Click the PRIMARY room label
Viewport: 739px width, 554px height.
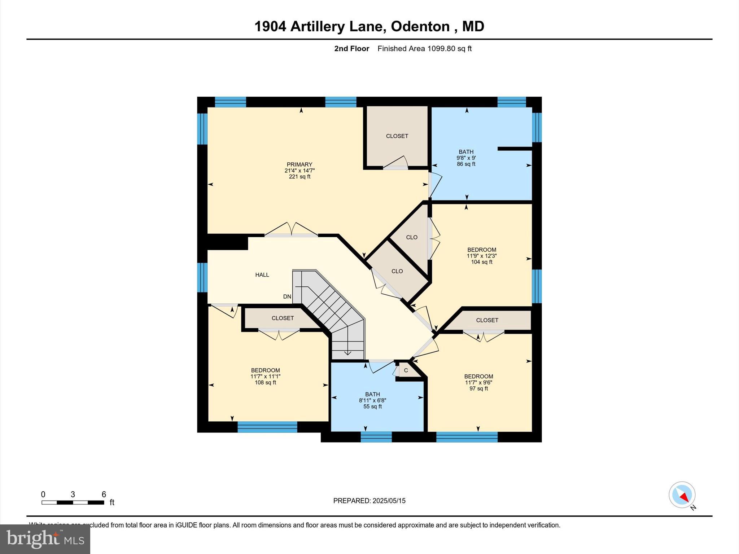(299, 164)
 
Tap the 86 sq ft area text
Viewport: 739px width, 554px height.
(466, 164)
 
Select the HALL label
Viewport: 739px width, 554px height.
(262, 275)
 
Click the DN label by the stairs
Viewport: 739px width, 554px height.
(287, 297)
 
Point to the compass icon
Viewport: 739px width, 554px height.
(682, 495)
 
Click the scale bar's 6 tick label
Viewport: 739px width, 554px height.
(104, 494)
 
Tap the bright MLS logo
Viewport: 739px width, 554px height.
(45, 539)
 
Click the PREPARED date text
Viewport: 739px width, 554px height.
(369, 501)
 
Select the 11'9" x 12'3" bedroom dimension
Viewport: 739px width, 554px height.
(481, 256)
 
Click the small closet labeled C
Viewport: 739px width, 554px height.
(406, 370)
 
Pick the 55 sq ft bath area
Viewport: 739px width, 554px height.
(372, 406)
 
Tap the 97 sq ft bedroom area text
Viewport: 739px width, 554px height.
(478, 388)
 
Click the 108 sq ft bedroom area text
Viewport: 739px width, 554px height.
(265, 382)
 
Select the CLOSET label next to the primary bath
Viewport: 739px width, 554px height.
(397, 136)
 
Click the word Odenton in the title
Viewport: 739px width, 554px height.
(420, 26)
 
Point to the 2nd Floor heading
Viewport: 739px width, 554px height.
(351, 49)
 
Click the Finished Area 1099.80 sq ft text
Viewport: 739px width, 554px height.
(424, 49)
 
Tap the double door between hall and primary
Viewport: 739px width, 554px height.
(291, 231)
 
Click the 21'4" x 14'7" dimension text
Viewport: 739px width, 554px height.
(299, 171)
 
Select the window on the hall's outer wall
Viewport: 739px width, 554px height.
(202, 277)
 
